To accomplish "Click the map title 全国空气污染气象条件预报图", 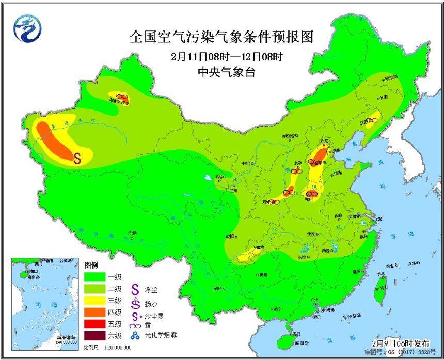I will pyautogui.click(x=222, y=37).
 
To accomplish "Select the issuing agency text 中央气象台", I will pyautogui.click(x=222, y=72).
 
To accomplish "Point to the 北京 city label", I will pyautogui.click(x=324, y=141).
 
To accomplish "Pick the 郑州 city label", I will pyautogui.click(x=310, y=199).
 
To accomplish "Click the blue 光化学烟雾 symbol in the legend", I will pyautogui.click(x=135, y=336).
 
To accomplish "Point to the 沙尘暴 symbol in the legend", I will pyautogui.click(x=135, y=313).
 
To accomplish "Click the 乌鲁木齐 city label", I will pyautogui.click(x=118, y=102).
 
